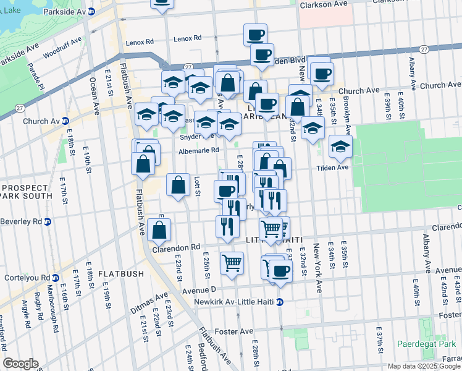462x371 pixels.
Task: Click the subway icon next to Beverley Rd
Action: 48,221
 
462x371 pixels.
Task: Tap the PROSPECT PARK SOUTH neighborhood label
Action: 25,192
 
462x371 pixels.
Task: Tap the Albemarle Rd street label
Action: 198,150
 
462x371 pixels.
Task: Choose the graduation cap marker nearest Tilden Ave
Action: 340,147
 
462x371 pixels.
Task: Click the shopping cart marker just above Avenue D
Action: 232,263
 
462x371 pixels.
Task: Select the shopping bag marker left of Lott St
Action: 178,184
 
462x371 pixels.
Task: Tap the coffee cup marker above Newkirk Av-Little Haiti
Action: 280,270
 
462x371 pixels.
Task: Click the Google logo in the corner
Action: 20,363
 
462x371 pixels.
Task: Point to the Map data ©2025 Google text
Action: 423,366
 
